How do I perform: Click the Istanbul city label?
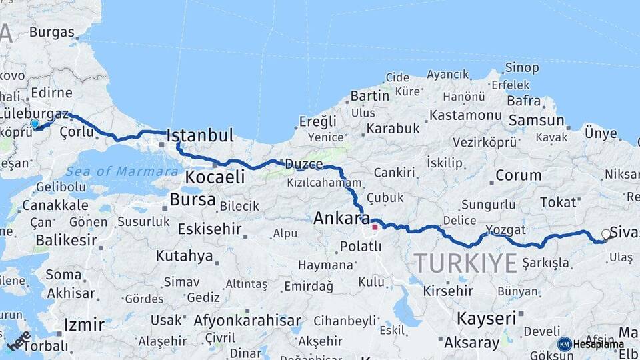click(200, 136)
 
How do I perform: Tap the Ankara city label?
click(341, 218)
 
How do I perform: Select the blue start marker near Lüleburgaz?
click(35, 123)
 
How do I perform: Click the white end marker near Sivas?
click(605, 234)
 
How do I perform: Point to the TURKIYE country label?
click(465, 263)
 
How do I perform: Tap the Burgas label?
click(51, 31)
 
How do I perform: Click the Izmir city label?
click(84, 325)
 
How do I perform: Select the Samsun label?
click(537, 121)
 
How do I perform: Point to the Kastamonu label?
click(465, 115)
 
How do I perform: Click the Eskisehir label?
click(209, 229)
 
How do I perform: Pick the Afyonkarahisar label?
click(247, 321)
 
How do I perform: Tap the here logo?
click(19, 341)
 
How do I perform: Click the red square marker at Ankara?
click(375, 227)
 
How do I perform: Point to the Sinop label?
click(522, 67)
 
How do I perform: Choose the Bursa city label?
click(193, 199)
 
